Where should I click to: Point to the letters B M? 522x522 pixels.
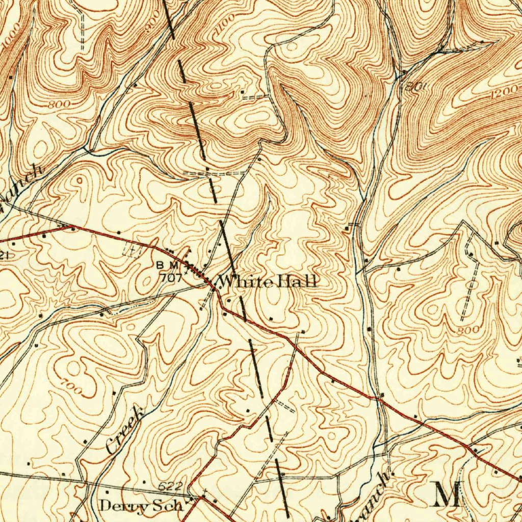166,266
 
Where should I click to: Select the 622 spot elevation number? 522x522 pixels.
170,487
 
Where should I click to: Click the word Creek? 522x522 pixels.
126,431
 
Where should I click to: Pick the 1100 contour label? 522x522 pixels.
225,23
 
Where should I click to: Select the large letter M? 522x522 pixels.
447,493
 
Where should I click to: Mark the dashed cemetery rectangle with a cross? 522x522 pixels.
132,250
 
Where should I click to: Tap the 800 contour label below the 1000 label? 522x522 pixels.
60,105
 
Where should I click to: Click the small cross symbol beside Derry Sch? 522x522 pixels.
205,492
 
